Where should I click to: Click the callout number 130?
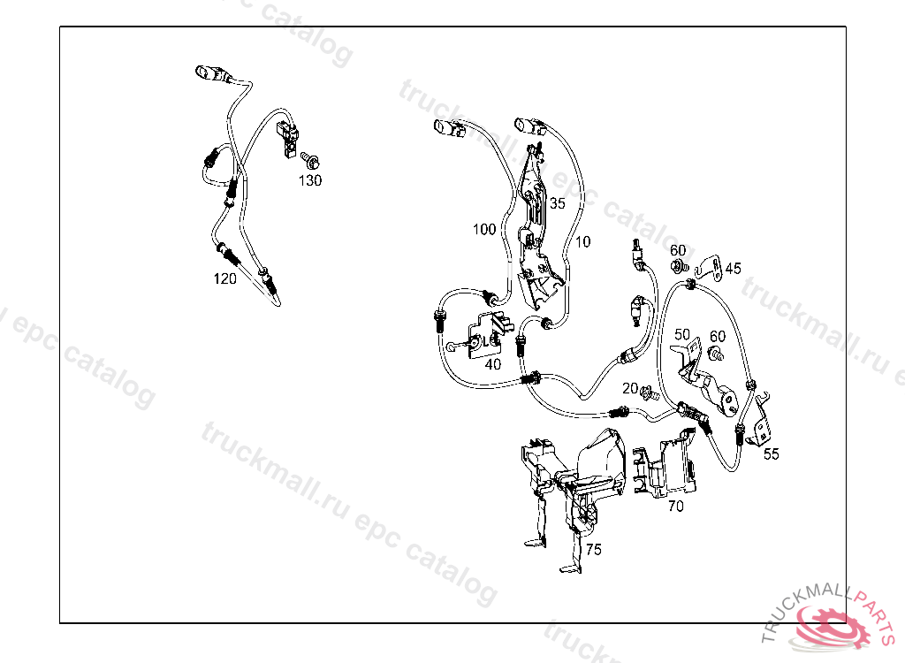(309, 180)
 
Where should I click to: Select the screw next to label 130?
(309, 160)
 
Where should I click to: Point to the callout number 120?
(224, 278)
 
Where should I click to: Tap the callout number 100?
(484, 230)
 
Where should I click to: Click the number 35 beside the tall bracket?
(557, 202)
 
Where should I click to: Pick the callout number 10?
(582, 241)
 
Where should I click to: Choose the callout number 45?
(734, 268)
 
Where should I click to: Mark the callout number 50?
(681, 334)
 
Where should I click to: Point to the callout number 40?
(493, 363)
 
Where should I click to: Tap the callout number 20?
(629, 388)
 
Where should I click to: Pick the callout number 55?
(772, 453)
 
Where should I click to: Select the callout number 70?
(675, 507)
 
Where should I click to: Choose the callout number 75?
(593, 549)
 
